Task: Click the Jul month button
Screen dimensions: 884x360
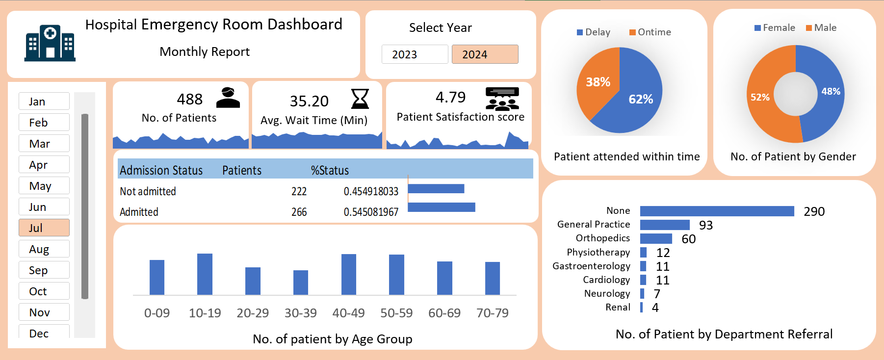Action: pyautogui.click(x=44, y=228)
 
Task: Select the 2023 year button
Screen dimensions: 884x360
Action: pyautogui.click(x=415, y=54)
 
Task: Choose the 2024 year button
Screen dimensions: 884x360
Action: pyautogui.click(x=485, y=54)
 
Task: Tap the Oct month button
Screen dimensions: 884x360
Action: pyautogui.click(x=44, y=291)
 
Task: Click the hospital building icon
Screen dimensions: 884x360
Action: pyautogui.click(x=50, y=43)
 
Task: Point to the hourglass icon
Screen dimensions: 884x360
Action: pyautogui.click(x=360, y=99)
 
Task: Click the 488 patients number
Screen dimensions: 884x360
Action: pyautogui.click(x=190, y=99)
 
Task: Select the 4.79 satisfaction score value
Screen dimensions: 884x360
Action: pyautogui.click(x=450, y=97)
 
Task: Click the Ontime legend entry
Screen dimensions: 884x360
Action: pyautogui.click(x=650, y=32)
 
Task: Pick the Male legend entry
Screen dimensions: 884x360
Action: pyautogui.click(x=821, y=27)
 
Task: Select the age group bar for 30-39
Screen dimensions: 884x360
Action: pyautogui.click(x=301, y=283)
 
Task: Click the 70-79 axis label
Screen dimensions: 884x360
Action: pyautogui.click(x=493, y=313)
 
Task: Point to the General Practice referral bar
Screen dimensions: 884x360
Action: pyautogui.click(x=665, y=225)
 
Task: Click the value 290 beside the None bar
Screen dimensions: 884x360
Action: pyautogui.click(x=814, y=211)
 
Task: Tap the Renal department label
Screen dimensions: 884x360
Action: pyautogui.click(x=618, y=307)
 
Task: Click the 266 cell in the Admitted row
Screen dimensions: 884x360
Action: pyautogui.click(x=299, y=212)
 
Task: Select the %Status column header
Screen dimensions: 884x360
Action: pyautogui.click(x=330, y=170)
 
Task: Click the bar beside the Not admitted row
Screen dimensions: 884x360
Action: pyautogui.click(x=436, y=188)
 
